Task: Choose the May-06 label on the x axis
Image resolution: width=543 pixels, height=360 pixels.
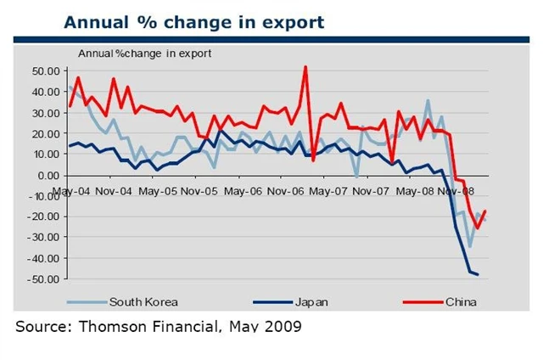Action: (242, 191)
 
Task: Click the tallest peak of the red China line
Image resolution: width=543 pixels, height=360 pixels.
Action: (305, 67)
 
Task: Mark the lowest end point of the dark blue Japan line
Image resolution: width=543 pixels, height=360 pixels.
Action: (478, 274)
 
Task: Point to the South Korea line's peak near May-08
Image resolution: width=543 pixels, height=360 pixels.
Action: (428, 100)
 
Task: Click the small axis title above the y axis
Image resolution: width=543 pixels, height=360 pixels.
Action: (145, 53)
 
